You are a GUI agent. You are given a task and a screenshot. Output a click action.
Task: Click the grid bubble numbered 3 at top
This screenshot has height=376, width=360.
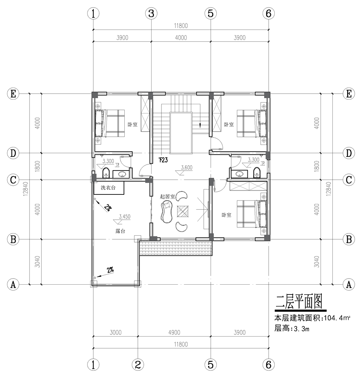(x=151, y=13)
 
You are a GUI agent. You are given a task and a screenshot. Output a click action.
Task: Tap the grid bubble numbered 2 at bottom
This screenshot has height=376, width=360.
(x=138, y=365)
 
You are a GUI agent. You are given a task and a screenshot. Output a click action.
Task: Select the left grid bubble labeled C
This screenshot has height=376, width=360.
(x=13, y=180)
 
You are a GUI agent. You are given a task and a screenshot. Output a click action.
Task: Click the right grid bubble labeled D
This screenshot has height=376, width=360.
(x=349, y=153)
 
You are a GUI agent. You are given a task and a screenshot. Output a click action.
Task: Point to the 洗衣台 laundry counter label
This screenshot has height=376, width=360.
(x=108, y=188)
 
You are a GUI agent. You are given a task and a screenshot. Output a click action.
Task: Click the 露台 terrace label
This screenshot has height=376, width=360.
(x=120, y=231)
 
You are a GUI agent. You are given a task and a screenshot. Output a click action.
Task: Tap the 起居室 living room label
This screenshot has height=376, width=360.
(x=167, y=197)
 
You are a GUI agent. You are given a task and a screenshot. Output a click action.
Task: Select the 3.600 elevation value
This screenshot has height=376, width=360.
(x=187, y=168)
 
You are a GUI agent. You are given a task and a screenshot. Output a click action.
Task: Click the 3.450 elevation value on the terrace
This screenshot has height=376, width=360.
(x=125, y=216)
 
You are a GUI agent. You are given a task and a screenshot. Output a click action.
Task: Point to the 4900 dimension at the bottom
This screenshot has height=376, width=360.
(x=174, y=332)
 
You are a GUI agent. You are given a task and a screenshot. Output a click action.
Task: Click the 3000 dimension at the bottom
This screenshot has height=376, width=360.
(x=116, y=332)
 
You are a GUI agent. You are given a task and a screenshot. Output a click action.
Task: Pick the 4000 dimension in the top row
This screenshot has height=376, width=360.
(x=181, y=38)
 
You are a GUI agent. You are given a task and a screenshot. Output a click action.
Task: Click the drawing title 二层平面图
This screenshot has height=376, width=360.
(x=299, y=302)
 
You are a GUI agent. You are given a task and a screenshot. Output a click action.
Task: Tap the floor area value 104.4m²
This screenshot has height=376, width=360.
(x=337, y=318)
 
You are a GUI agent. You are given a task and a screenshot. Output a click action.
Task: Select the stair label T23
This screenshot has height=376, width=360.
(x=163, y=160)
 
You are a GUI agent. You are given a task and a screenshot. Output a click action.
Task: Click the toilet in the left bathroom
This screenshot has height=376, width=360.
(x=106, y=173)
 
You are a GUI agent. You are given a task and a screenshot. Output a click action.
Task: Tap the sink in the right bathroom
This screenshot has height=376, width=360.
(x=239, y=174)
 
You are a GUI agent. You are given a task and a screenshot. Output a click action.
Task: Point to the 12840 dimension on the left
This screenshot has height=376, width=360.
(x=26, y=189)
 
